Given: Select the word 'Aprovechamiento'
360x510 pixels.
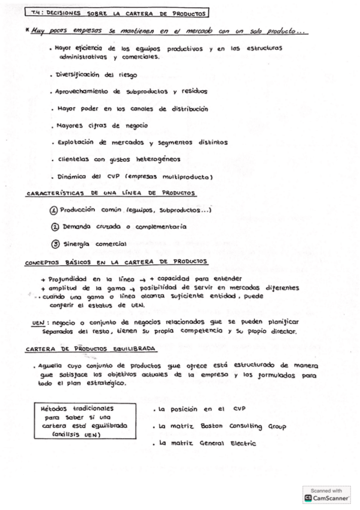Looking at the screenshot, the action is pyautogui.click(x=82, y=92).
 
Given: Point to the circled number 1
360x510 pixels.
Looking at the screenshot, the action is pyautogui.click(x=53, y=210).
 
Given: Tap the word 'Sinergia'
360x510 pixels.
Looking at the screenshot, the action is pyautogui.click(x=79, y=244).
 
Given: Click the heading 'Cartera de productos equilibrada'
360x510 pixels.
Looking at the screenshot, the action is pyautogui.click(x=91, y=348).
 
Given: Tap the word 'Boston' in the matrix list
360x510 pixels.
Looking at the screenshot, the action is pyautogui.click(x=213, y=426).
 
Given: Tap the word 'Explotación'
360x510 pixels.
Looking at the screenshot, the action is pyautogui.click(x=75, y=143).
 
